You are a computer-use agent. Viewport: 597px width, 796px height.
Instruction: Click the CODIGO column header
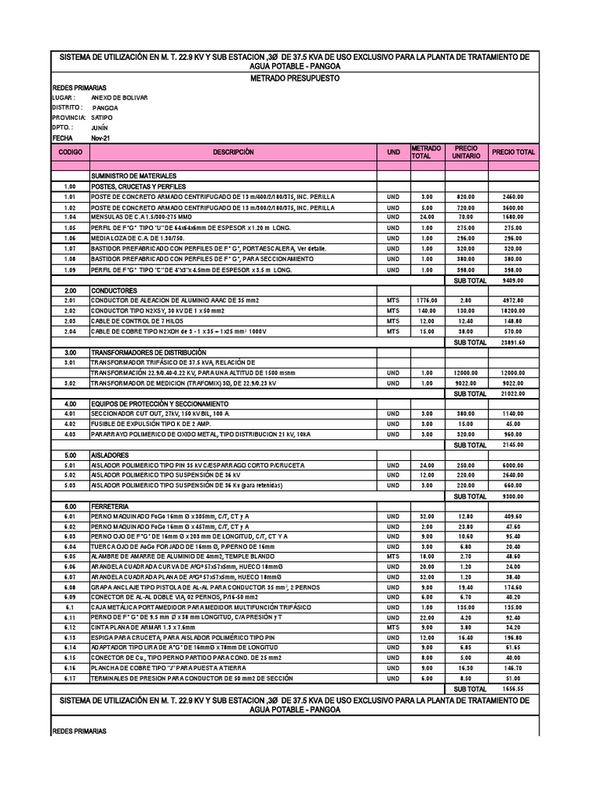point(70,152)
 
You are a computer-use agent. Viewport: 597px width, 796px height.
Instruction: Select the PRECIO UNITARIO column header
point(466,152)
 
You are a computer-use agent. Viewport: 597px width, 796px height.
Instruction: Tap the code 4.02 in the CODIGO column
point(70,424)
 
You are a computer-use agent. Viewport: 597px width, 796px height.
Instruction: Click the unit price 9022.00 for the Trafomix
point(466,382)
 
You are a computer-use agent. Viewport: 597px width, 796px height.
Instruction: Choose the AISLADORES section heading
point(110,455)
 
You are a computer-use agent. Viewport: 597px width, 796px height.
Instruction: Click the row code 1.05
point(70,228)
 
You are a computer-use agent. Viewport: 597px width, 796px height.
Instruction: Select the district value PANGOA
point(105,108)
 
